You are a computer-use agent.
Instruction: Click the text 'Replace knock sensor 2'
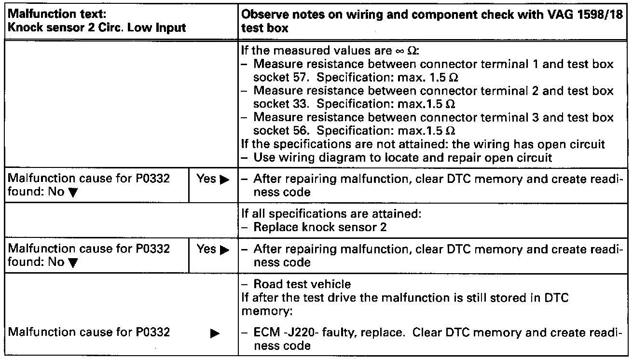tap(319, 227)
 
